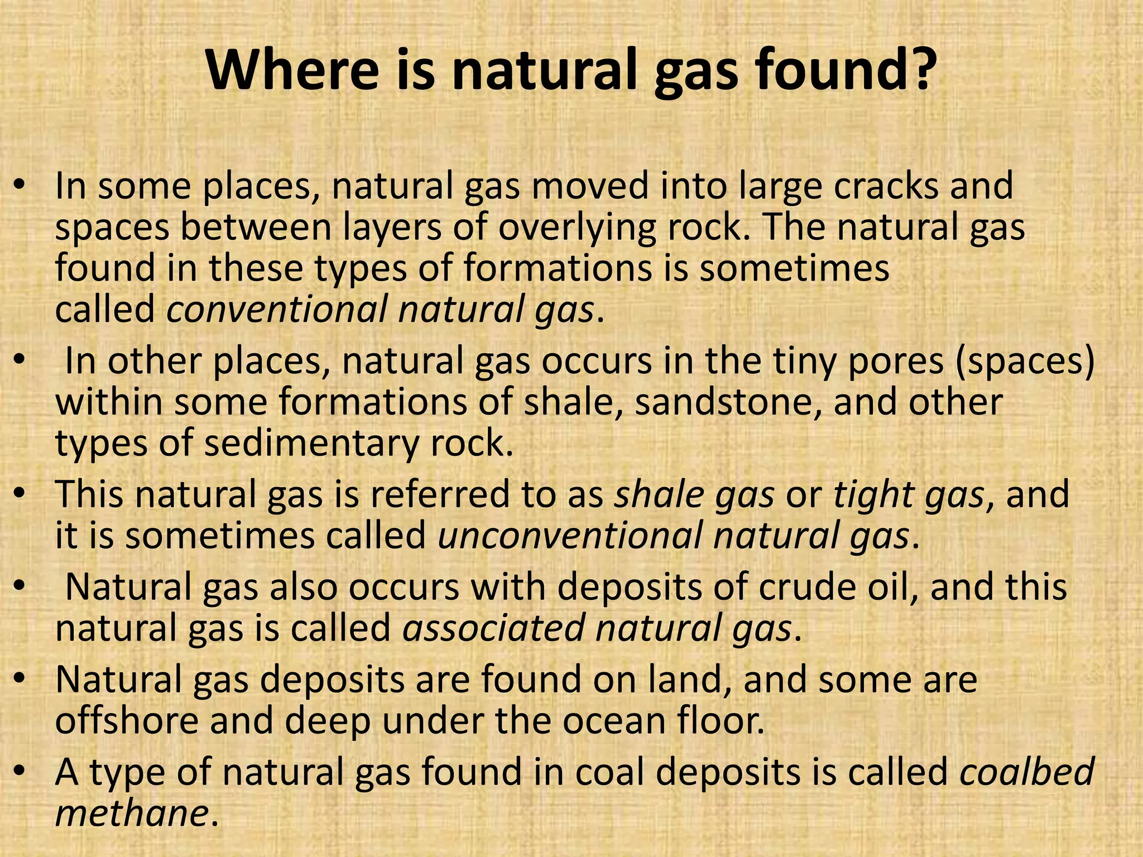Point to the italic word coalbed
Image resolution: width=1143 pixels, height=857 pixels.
pos(1027,772)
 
